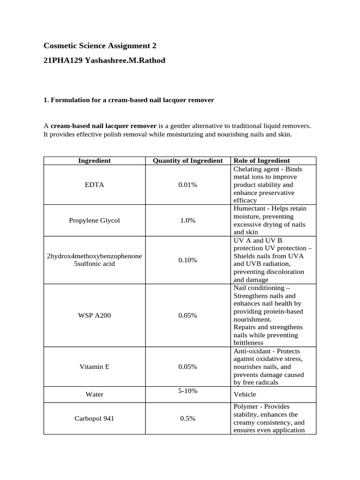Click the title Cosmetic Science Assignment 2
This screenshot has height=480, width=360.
(x=100, y=45)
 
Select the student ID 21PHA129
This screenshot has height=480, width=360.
(x=63, y=60)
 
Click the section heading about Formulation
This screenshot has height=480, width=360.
(x=129, y=100)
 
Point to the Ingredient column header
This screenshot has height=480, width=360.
(x=94, y=161)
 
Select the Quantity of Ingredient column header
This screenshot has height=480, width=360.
(x=187, y=161)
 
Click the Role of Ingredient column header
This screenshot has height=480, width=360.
(x=261, y=161)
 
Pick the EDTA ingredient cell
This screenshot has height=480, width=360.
(x=94, y=185)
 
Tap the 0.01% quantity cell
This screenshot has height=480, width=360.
(x=187, y=185)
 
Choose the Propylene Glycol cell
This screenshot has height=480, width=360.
(x=94, y=220)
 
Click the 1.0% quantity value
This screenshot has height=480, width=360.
(x=187, y=220)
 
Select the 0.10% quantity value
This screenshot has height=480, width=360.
(x=187, y=260)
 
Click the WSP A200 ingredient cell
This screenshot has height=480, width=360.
(x=94, y=315)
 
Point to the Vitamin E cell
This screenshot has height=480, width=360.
(x=94, y=367)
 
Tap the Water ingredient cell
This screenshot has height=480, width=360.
(x=94, y=394)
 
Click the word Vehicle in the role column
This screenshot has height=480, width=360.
(x=245, y=395)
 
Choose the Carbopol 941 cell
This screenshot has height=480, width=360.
(x=94, y=419)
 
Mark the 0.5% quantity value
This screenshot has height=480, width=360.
(x=187, y=419)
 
